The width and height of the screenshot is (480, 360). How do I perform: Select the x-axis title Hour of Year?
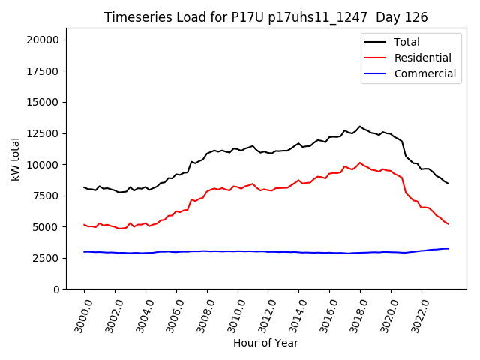(265, 343)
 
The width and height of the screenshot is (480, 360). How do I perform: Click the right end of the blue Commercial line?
(448, 248)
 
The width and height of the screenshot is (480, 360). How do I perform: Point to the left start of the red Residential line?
(84, 224)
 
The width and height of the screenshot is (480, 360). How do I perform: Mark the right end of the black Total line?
(448, 184)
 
